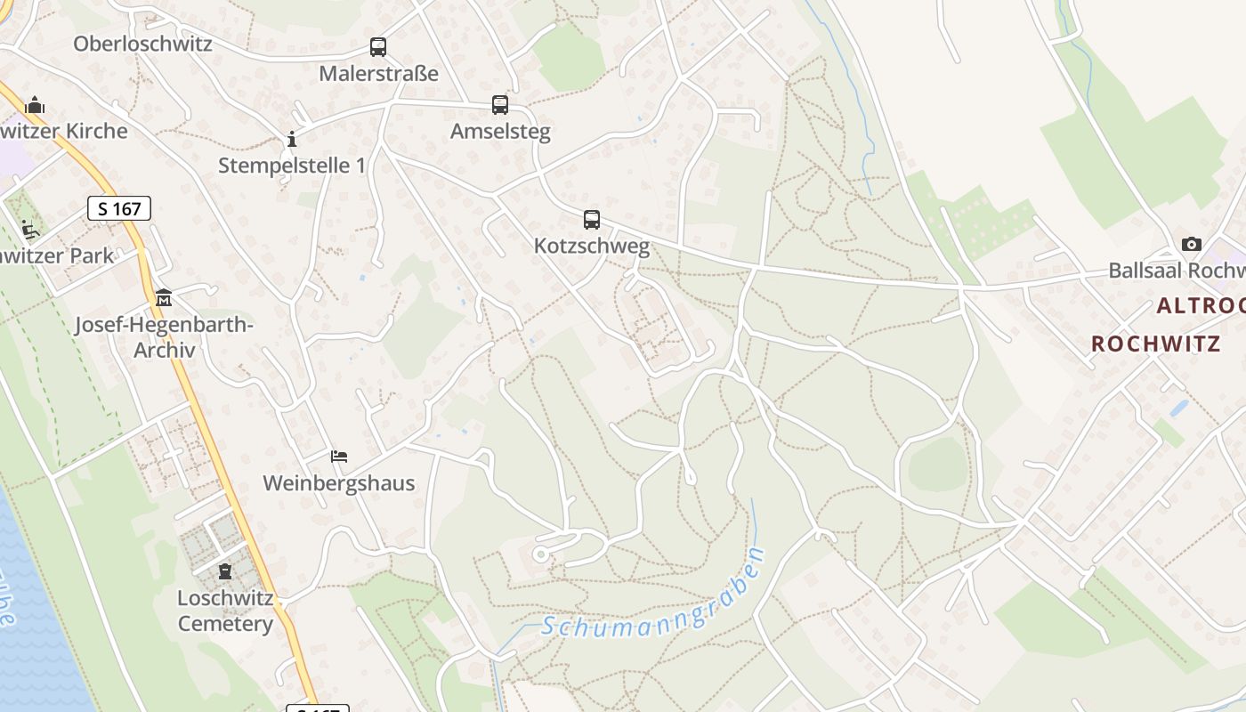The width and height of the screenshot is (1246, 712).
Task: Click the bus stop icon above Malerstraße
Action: click(x=378, y=47)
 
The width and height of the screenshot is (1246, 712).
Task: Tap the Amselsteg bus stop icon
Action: click(x=500, y=105)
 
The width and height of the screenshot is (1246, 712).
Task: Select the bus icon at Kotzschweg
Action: click(x=592, y=219)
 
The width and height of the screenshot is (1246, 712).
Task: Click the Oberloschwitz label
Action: click(x=142, y=44)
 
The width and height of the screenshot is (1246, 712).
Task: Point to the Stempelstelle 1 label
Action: click(x=292, y=165)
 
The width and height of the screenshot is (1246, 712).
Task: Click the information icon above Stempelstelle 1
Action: click(x=291, y=139)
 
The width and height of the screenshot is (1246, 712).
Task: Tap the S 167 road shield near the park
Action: click(x=119, y=209)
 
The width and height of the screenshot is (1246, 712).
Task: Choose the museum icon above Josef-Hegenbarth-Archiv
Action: click(x=164, y=297)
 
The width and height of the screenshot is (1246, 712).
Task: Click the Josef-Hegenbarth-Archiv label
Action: click(x=164, y=337)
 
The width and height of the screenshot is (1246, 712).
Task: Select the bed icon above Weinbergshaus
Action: click(x=339, y=457)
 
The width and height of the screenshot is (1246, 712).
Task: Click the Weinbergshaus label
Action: click(x=339, y=483)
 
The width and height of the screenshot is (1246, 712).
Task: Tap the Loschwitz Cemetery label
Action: click(x=225, y=611)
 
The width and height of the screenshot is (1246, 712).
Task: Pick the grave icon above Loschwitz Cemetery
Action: click(x=225, y=570)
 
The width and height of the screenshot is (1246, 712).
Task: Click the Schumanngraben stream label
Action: click(x=654, y=595)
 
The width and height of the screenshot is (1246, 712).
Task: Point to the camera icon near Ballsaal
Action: click(x=1191, y=244)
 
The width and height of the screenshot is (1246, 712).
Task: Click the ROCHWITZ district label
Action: click(x=1155, y=344)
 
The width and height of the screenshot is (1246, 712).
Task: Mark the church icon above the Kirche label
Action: click(x=35, y=105)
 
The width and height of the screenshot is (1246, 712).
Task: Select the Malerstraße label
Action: click(x=379, y=73)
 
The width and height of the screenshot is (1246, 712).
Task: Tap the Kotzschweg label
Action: click(x=592, y=246)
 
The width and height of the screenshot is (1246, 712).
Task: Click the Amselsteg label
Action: click(x=500, y=132)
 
